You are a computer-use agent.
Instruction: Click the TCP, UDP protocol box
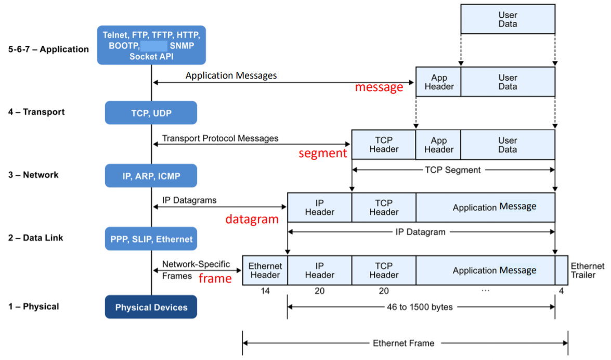(x=151, y=113)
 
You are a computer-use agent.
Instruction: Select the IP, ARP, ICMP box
(x=151, y=176)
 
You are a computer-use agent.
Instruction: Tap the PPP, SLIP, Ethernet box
(x=151, y=239)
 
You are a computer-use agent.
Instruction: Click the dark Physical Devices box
(x=151, y=307)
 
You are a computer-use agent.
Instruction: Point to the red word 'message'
(x=379, y=87)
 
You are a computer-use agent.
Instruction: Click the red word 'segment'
(x=322, y=153)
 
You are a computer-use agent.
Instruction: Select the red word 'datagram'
(x=252, y=219)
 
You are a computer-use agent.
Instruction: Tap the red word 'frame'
(x=215, y=278)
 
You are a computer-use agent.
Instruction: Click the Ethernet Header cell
(x=265, y=271)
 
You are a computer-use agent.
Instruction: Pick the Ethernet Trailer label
(x=587, y=271)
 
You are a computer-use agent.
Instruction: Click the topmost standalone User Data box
(x=508, y=19)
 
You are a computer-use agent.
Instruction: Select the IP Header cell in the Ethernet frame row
(x=319, y=271)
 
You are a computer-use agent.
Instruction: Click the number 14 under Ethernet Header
(x=265, y=291)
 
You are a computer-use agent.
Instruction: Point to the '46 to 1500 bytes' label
(x=420, y=307)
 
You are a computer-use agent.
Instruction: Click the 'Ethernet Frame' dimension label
(x=404, y=343)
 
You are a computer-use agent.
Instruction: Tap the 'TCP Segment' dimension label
(x=452, y=170)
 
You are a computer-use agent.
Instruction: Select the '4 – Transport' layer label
(x=36, y=112)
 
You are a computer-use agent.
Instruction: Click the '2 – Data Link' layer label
(x=35, y=238)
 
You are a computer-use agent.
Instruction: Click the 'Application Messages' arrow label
(x=231, y=75)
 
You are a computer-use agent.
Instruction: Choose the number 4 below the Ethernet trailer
(x=561, y=291)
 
